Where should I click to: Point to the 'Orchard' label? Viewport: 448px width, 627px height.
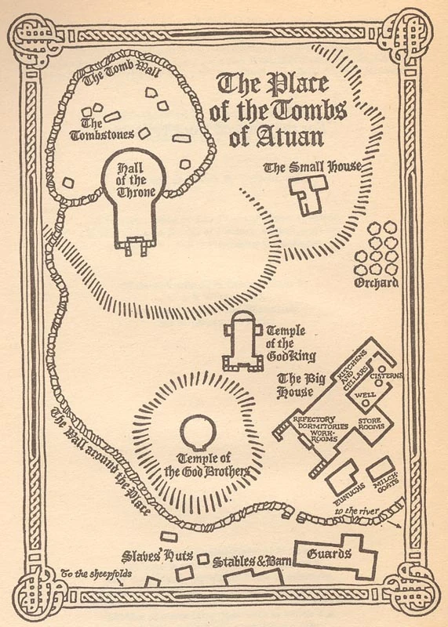click(x=377, y=283)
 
